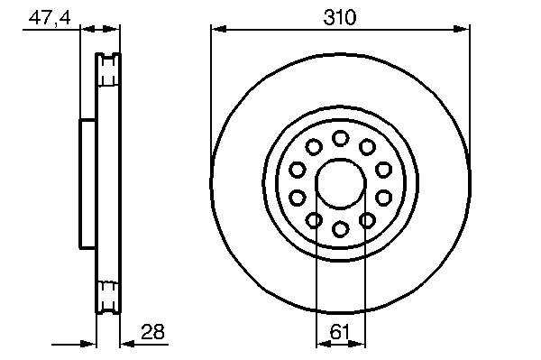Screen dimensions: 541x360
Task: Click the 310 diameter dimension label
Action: coord(340,18)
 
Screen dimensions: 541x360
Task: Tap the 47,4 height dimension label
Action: coord(50,18)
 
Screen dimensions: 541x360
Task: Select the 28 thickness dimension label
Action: coord(152,332)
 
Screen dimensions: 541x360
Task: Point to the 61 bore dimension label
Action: coord(340,332)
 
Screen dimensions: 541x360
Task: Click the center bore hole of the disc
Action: coord(340,184)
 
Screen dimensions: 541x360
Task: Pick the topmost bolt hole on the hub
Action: coord(340,138)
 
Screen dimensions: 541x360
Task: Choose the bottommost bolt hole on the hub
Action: coord(340,229)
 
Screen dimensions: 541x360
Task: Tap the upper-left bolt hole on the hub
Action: coord(314,147)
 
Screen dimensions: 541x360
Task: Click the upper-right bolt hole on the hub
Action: coord(367,147)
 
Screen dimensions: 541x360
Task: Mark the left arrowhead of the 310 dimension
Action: coord(219,29)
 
